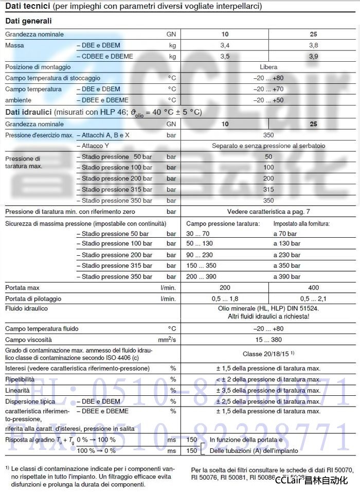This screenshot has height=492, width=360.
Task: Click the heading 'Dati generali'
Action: click(x=28, y=21)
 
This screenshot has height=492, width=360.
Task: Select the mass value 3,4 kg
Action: click(x=225, y=45)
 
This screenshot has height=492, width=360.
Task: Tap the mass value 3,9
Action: click(x=313, y=56)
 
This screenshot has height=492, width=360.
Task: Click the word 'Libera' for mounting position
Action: click(x=268, y=67)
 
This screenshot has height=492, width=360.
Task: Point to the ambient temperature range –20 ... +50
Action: click(x=268, y=100)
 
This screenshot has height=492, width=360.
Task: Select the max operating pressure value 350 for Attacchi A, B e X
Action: click(x=268, y=135)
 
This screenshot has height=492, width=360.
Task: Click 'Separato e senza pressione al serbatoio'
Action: click(x=268, y=146)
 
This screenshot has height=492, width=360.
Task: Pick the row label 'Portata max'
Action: click(x=22, y=288)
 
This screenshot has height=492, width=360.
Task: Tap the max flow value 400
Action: click(x=313, y=288)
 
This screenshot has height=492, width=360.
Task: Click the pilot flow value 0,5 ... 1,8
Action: click(x=225, y=298)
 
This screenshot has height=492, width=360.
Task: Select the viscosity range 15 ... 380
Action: click(x=268, y=340)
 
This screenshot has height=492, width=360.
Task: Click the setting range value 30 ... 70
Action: click(x=197, y=233)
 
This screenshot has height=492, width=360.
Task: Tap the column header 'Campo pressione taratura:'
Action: click(x=223, y=224)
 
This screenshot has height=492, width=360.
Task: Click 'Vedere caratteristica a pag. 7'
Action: click(x=268, y=212)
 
